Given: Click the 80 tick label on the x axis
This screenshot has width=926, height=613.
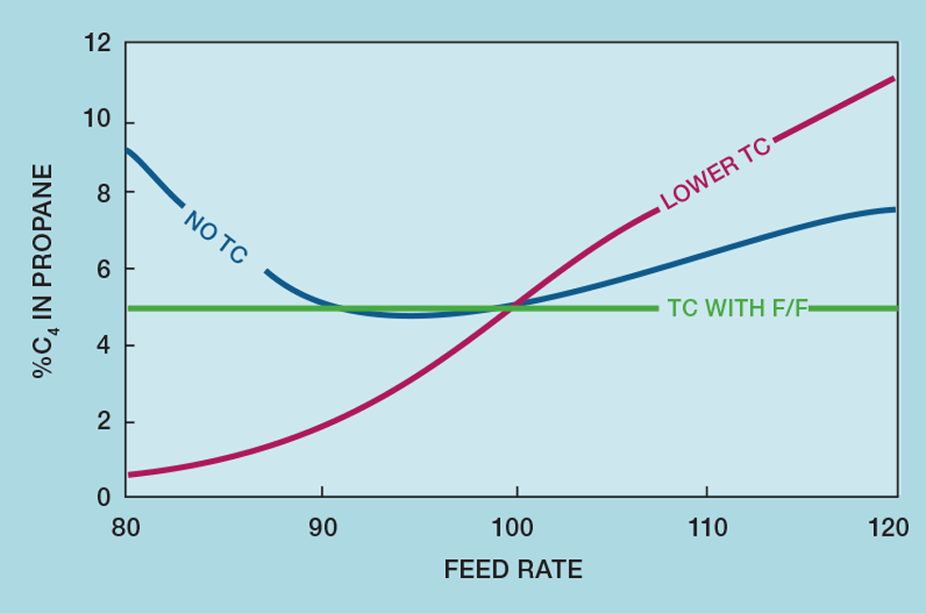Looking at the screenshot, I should coord(126,526).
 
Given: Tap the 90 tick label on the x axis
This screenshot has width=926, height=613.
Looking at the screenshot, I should coord(322,526).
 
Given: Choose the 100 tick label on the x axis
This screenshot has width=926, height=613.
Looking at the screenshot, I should coord(516,526).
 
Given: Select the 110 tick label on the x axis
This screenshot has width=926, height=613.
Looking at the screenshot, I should coord(708,526).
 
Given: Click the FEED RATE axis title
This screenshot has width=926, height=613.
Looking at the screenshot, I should coord(513,570).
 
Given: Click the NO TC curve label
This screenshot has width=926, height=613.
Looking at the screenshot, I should coord(214,236).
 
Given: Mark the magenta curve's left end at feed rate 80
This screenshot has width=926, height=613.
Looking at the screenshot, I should coord(129,474).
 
